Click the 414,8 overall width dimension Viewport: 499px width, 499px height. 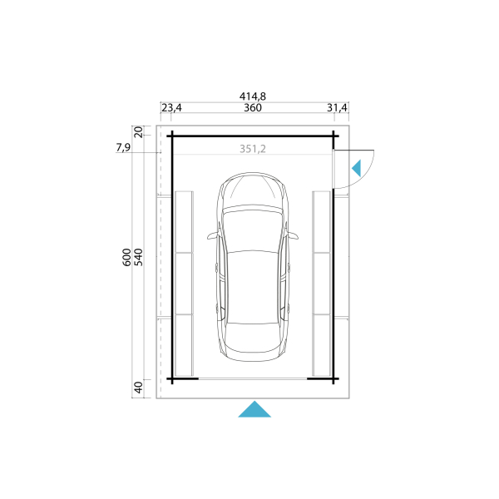pyautogui.click(x=253, y=96)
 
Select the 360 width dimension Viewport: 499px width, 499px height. pyautogui.click(x=253, y=108)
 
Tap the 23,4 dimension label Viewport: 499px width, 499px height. pyautogui.click(x=171, y=108)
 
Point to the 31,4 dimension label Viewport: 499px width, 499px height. pyautogui.click(x=337, y=108)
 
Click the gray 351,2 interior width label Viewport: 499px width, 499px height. pyautogui.click(x=253, y=149)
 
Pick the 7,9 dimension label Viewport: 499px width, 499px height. pyautogui.click(x=123, y=147)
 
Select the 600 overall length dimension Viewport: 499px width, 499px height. pyautogui.click(x=126, y=258)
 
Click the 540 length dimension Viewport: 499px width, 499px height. pyautogui.click(x=138, y=258)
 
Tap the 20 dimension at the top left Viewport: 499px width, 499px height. pyautogui.click(x=138, y=131)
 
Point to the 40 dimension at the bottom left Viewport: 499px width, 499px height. pyautogui.click(x=138, y=388)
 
